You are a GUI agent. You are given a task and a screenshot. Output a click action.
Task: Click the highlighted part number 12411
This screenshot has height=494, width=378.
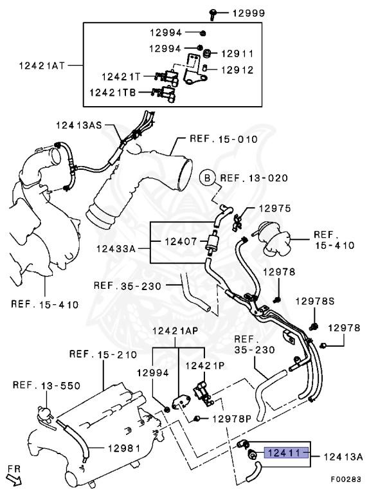[286, 453]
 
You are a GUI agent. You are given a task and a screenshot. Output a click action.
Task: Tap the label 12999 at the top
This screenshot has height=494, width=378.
[249, 14]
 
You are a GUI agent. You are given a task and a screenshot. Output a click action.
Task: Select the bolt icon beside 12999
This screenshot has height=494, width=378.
[213, 14]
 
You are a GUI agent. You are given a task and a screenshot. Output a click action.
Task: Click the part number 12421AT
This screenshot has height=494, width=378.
[42, 66]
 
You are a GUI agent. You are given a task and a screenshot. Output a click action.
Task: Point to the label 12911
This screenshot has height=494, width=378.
[237, 54]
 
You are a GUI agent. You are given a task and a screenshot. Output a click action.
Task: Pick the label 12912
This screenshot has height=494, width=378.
[237, 70]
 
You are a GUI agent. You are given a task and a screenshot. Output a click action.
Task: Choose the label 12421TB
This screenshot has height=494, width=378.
[113, 93]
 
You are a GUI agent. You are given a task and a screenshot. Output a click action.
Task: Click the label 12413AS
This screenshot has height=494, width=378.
[79, 125]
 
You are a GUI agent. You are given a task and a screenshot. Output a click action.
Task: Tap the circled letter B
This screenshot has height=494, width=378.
[207, 178]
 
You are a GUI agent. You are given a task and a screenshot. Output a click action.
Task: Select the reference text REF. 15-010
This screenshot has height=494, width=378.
[224, 139]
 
